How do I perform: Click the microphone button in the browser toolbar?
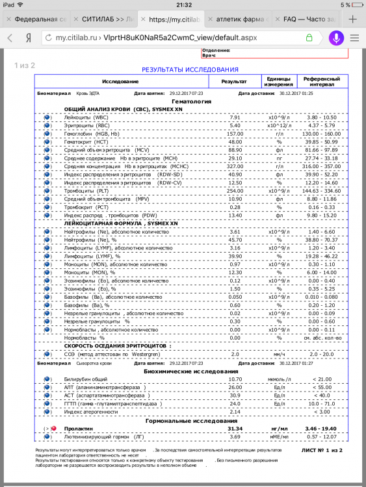coord(336,38)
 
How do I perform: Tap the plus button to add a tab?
coord(352,19)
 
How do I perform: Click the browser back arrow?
coord(10,38)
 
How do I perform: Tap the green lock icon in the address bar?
coord(309,38)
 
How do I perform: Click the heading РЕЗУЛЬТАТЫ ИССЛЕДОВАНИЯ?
coord(190,69)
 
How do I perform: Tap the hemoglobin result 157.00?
coord(235,133)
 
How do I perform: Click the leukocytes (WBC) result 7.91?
coord(235,118)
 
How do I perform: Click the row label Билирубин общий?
coord(86,379)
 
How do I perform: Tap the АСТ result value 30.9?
coord(235,395)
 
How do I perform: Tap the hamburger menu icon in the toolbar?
coord(355,38)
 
